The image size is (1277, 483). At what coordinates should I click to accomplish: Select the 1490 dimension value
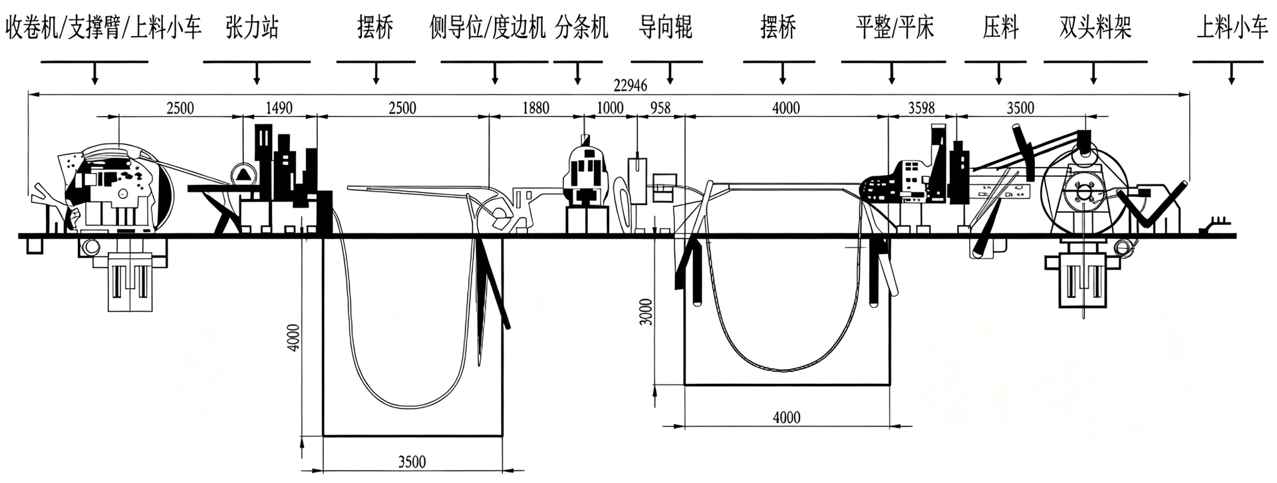click(x=279, y=108)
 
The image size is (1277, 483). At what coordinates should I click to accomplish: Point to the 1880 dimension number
click(x=536, y=108)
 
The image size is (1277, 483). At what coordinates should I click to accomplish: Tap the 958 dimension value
click(x=660, y=108)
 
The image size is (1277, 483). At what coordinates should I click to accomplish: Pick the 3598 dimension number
click(x=921, y=108)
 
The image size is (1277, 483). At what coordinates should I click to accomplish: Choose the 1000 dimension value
click(x=610, y=108)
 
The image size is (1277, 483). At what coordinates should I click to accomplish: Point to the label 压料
click(x=1000, y=28)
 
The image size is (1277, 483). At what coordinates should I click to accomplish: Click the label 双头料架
click(x=1095, y=28)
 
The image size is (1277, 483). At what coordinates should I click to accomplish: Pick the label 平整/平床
click(x=895, y=28)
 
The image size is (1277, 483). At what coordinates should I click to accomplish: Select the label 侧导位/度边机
click(x=488, y=28)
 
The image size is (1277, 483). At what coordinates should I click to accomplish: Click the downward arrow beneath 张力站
click(x=257, y=73)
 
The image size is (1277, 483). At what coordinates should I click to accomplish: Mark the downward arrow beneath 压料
click(x=999, y=73)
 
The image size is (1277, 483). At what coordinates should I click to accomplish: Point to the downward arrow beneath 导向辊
click(x=670, y=73)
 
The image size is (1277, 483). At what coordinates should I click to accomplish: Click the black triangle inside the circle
click(x=243, y=174)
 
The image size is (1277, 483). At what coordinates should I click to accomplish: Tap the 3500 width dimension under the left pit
click(x=412, y=461)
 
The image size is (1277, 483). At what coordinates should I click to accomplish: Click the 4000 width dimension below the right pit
click(x=787, y=417)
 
